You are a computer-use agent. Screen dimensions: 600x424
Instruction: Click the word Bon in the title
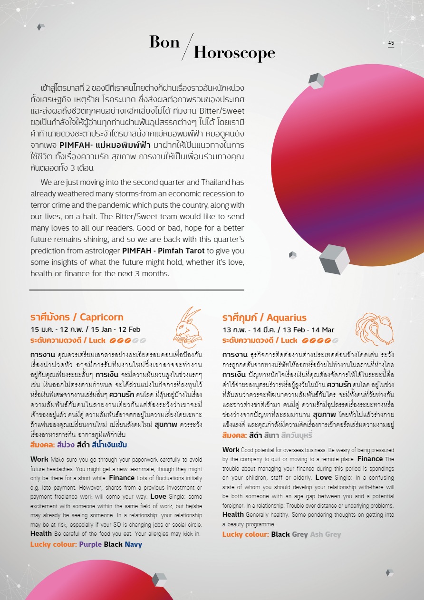(x=164, y=42)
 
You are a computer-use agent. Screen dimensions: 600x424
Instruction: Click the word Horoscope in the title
(x=234, y=53)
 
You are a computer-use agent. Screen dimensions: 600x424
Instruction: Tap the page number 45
(x=391, y=43)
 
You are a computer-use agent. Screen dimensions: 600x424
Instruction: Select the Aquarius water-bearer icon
(x=375, y=328)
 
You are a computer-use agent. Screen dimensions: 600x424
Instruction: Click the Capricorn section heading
(x=77, y=317)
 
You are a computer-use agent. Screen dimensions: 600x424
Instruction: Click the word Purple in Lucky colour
(x=90, y=544)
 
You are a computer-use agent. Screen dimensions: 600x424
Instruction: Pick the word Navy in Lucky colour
(x=134, y=544)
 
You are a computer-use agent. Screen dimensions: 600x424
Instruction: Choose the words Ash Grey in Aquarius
(x=326, y=534)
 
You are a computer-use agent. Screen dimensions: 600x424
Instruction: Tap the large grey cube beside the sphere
(x=334, y=259)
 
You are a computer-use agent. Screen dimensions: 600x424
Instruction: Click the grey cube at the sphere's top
(x=316, y=81)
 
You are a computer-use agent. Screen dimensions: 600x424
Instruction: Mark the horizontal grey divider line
(x=136, y=290)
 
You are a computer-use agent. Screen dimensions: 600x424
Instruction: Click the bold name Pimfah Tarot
(x=177, y=250)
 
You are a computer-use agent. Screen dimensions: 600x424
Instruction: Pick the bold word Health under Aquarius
(x=233, y=514)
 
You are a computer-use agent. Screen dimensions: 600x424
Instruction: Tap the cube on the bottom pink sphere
(x=159, y=580)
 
